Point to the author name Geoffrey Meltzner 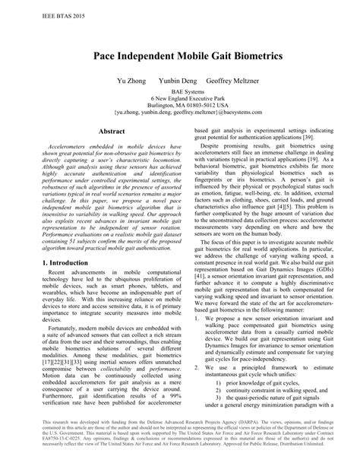233,79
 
